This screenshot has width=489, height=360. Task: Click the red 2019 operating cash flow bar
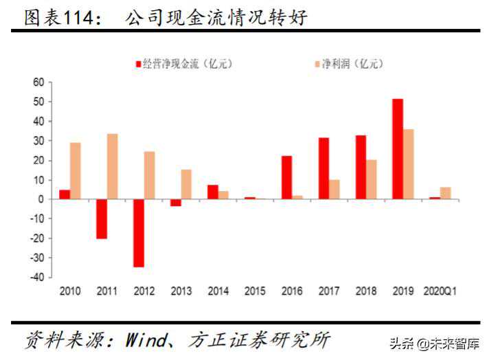pyautogui.click(x=398, y=149)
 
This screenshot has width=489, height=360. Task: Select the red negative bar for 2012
pyautogui.click(x=139, y=233)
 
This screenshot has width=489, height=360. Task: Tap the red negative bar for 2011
pyautogui.click(x=102, y=219)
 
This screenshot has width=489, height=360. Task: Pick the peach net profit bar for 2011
pyautogui.click(x=112, y=166)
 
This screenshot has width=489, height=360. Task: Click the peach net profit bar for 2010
pyautogui.click(x=75, y=171)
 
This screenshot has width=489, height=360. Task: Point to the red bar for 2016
pyautogui.click(x=286, y=177)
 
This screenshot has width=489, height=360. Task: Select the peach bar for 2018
pyautogui.click(x=371, y=179)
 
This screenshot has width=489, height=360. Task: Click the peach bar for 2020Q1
pyautogui.click(x=445, y=193)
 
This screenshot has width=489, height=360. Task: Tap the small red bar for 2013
pyautogui.click(x=176, y=203)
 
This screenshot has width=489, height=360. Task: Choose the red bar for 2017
pyautogui.click(x=323, y=168)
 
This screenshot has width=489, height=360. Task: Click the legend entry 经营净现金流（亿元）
pyautogui.click(x=184, y=64)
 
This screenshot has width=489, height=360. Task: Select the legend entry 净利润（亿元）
pyautogui.click(x=349, y=64)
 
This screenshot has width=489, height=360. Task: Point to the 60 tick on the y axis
pyautogui.click(x=38, y=82)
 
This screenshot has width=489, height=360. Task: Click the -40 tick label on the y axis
pyautogui.click(x=37, y=278)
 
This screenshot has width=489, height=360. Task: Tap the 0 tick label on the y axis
pyautogui.click(x=41, y=199)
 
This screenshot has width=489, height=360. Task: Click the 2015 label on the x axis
pyautogui.click(x=255, y=291)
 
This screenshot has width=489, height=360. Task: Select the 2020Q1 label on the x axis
pyautogui.click(x=440, y=291)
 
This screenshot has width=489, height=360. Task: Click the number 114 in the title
pyautogui.click(x=78, y=18)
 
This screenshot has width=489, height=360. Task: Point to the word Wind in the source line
pyautogui.click(x=146, y=339)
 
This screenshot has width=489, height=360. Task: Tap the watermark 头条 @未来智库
pyautogui.click(x=435, y=344)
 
